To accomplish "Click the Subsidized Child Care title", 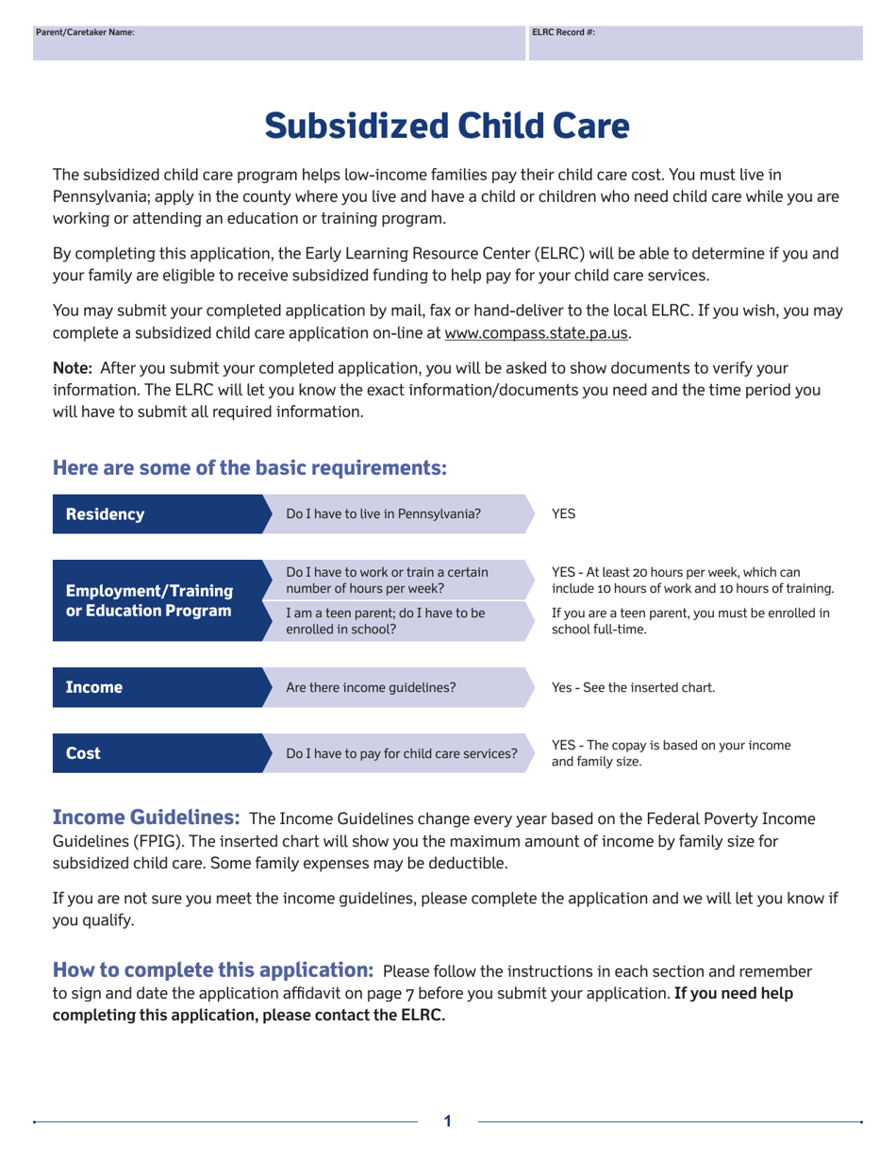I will point(447,126).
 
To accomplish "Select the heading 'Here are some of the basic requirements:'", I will point(250,467).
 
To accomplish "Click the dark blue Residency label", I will point(105,514).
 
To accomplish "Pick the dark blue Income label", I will point(93,687).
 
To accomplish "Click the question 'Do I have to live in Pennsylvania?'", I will point(383,514).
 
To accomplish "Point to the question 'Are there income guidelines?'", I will point(371,687).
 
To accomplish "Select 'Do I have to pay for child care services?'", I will point(402,753).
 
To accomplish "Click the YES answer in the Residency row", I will point(563,514).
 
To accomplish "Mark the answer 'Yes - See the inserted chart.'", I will point(633,687).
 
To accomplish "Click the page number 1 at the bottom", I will point(448,1121).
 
